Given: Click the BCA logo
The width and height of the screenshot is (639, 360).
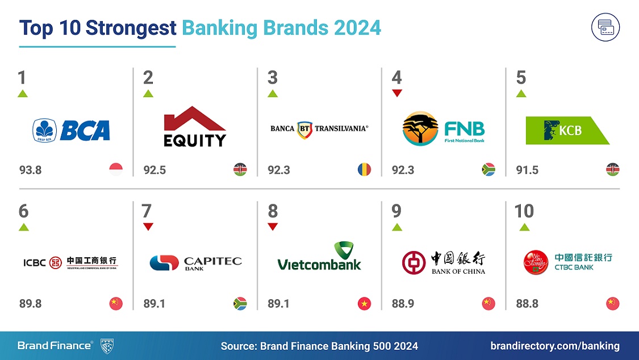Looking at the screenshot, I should click(x=71, y=130).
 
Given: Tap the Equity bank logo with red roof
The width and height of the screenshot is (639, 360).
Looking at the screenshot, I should click(x=195, y=127).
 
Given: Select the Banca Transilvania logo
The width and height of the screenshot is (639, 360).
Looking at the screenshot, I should click(x=319, y=128).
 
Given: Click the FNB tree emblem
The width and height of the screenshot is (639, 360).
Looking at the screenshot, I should click(x=420, y=128).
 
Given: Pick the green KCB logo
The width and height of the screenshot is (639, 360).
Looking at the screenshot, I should click(x=567, y=130).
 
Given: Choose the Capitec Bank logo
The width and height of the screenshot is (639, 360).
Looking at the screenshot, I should click(x=195, y=262).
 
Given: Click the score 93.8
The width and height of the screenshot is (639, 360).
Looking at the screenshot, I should click(x=30, y=170).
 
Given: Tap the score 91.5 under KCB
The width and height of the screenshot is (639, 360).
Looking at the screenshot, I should click(x=527, y=170).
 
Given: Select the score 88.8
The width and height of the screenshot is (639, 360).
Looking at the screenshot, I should click(x=527, y=304).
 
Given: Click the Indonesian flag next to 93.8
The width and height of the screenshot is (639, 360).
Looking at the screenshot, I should click(x=116, y=169).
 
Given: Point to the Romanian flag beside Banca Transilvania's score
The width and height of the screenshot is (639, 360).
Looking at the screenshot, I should click(x=364, y=169).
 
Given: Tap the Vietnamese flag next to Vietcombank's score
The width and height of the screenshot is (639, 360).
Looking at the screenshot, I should click(x=364, y=304).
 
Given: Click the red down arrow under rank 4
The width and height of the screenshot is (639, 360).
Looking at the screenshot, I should click(x=397, y=93).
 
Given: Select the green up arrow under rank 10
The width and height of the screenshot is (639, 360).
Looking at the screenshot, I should click(x=524, y=227).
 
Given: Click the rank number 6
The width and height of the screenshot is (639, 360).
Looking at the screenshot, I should click(x=23, y=211).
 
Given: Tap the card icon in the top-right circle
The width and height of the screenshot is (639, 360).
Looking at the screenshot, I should click(x=605, y=27).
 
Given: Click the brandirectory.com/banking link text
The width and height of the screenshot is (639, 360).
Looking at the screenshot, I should click(x=555, y=346).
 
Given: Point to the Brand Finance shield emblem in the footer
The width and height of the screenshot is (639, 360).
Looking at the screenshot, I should click(x=108, y=345).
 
